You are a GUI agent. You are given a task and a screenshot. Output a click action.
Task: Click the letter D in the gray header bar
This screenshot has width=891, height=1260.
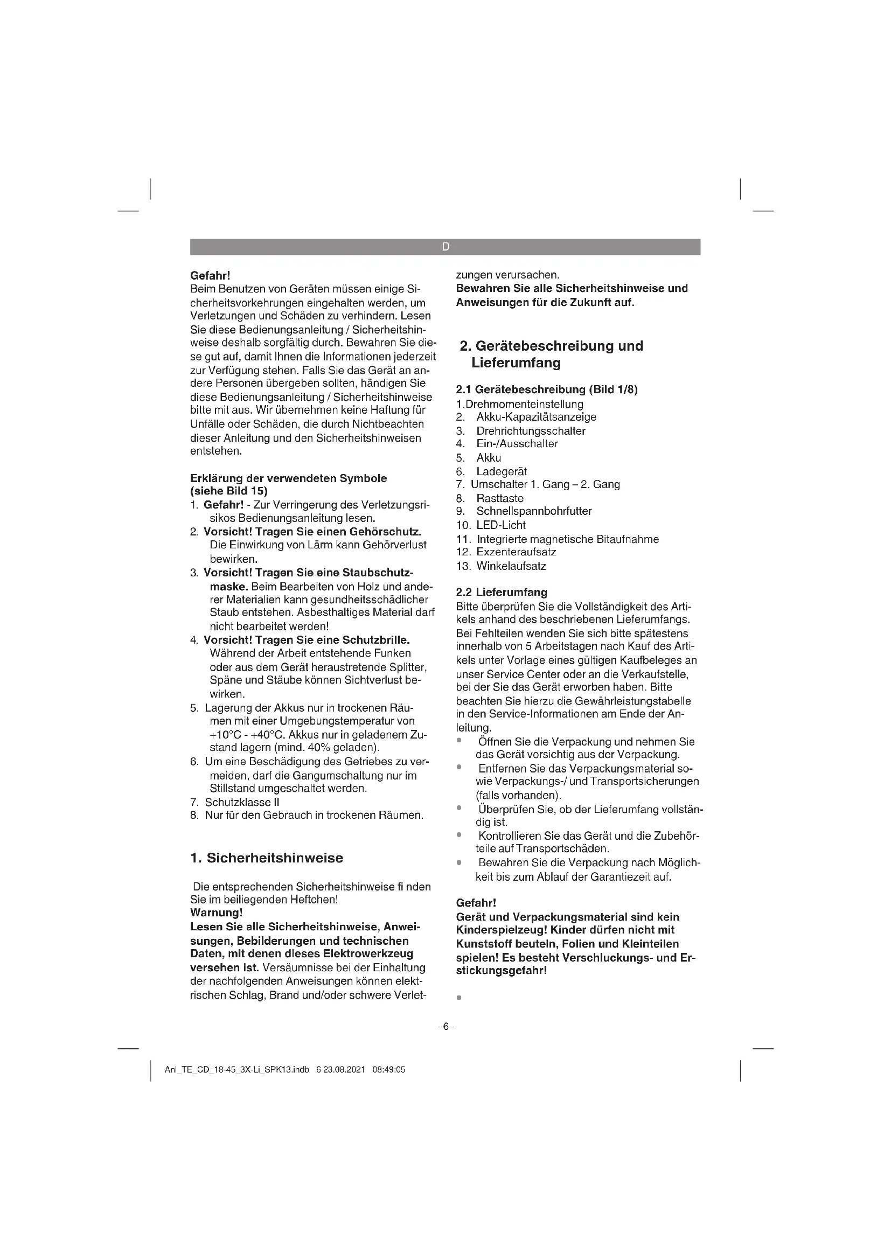(x=445, y=247)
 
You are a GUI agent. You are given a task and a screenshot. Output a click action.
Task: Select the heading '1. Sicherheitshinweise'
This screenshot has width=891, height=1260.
(x=267, y=858)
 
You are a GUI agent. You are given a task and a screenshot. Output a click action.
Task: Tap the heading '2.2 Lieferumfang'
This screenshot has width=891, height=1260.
(x=502, y=592)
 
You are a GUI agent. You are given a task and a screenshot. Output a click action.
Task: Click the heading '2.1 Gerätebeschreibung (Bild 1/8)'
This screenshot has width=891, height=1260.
(x=546, y=389)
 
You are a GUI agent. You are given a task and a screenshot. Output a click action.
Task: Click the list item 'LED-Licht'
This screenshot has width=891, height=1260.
(x=500, y=525)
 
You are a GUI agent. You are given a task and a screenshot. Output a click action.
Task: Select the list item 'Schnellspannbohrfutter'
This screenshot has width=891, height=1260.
(x=533, y=511)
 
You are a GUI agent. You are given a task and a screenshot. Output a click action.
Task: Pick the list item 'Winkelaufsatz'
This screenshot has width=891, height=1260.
(x=511, y=566)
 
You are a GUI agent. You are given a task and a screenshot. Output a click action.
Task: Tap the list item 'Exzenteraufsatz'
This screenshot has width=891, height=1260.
(x=516, y=552)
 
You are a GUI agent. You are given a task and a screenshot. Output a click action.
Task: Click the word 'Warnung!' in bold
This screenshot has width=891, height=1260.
(x=216, y=913)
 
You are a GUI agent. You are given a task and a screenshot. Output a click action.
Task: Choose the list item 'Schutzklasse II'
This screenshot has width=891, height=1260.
(x=242, y=802)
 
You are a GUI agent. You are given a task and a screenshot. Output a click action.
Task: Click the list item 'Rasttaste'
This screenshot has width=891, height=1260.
(x=499, y=498)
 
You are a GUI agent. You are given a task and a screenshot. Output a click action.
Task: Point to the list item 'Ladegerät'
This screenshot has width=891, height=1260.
(x=501, y=471)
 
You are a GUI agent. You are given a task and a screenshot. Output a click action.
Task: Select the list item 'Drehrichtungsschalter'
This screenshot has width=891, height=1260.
(x=530, y=431)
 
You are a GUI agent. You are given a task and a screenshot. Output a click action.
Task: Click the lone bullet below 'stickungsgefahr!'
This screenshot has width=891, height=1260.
(x=458, y=998)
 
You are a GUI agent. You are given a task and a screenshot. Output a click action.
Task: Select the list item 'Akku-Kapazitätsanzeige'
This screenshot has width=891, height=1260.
(x=535, y=417)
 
